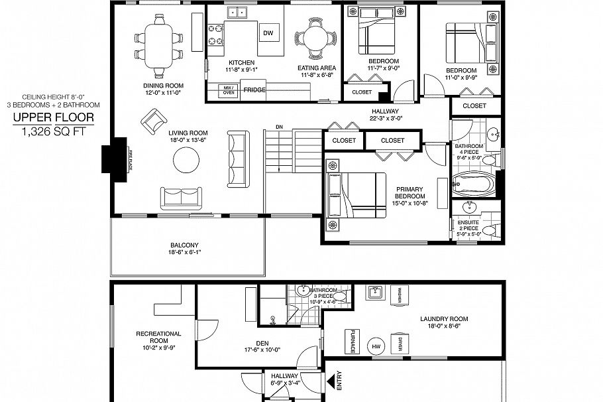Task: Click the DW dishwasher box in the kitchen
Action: click(x=268, y=33)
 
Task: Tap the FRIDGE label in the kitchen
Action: click(x=254, y=90)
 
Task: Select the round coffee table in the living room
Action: click(x=186, y=159)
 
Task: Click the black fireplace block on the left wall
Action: click(x=111, y=158)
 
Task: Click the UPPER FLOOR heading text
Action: click(x=54, y=119)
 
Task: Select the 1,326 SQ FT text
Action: click(x=54, y=133)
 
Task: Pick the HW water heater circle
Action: click(x=376, y=346)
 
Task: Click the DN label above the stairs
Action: click(x=279, y=126)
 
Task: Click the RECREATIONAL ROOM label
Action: click(x=159, y=337)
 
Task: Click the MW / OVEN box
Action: click(x=229, y=90)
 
